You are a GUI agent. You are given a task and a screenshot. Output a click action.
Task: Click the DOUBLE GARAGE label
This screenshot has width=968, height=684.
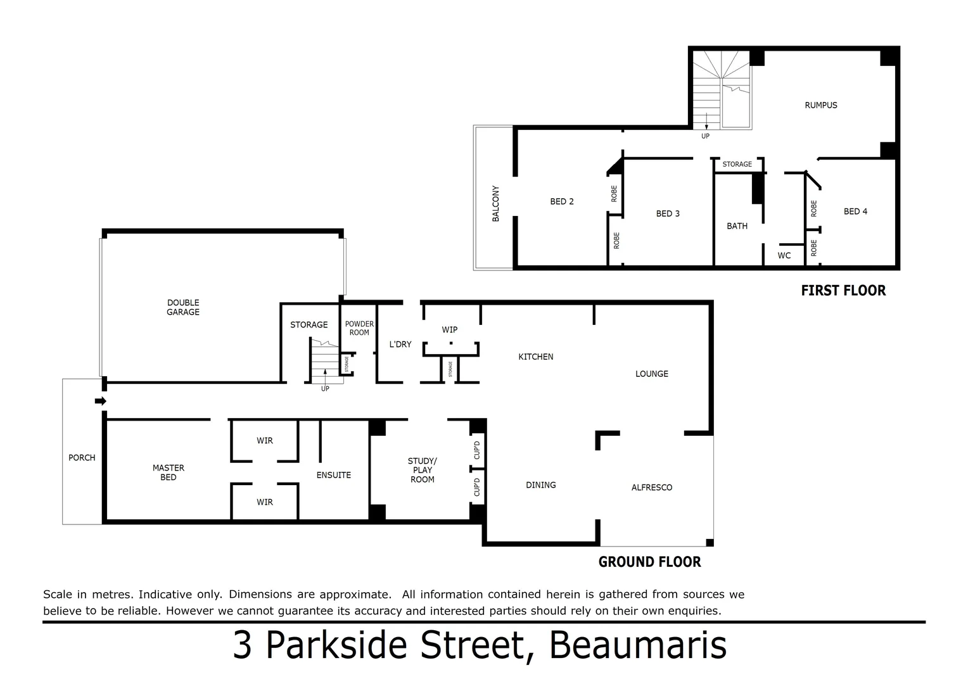tap(183, 307)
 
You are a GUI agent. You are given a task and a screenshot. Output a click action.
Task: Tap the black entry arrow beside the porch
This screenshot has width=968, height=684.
tap(100, 401)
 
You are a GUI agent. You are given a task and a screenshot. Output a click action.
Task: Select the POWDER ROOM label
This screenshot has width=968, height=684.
tap(359, 328)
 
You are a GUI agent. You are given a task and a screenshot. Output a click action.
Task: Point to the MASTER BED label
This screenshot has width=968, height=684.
tap(169, 472)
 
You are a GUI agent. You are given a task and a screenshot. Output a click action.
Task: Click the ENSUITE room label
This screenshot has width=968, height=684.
tap(333, 475)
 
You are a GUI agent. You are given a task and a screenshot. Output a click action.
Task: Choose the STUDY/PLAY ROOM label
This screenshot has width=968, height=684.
tap(422, 470)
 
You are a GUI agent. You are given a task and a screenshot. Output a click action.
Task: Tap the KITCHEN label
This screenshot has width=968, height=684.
tap(536, 357)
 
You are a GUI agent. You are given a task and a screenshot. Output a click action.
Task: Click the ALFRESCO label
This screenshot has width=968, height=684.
tap(652, 487)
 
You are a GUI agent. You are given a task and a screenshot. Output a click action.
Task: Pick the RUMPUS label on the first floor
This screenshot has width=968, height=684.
tap(821, 105)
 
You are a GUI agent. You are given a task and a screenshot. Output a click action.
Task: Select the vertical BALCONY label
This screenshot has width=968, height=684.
tap(496, 203)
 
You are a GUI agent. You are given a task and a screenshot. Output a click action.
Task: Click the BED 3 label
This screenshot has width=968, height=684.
tap(668, 213)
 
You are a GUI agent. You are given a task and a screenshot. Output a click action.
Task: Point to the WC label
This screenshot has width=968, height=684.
tap(784, 256)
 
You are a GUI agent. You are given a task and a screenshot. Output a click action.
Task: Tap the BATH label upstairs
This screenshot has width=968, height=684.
tap(737, 226)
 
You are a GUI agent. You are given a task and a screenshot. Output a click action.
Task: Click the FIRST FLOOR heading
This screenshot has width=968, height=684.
tap(843, 291)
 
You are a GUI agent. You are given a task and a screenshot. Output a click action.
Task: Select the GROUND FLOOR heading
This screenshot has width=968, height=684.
tap(649, 562)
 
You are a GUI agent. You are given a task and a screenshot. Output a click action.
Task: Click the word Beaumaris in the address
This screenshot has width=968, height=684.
tap(638, 645)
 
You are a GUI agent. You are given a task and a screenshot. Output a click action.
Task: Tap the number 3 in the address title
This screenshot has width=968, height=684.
tap(242, 646)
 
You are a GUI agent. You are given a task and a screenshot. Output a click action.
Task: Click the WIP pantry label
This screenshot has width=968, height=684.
tap(450, 329)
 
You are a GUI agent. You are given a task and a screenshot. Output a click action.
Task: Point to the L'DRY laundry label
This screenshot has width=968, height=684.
tap(400, 345)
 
